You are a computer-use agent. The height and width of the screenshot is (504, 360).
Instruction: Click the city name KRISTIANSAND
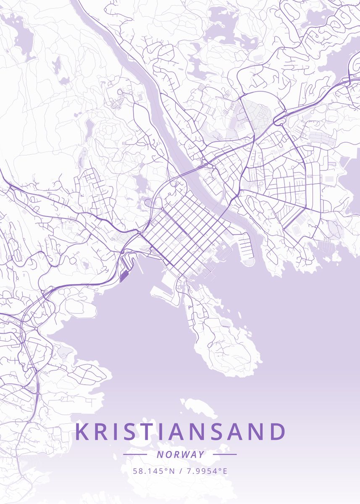coord(181,432)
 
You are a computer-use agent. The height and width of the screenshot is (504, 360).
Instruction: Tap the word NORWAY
coord(180,454)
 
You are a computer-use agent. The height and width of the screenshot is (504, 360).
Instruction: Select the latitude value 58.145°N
coord(153,471)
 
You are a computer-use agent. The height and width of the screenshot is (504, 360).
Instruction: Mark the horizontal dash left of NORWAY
coord(135,454)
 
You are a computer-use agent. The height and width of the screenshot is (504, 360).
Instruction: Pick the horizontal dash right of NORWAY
coord(225,454)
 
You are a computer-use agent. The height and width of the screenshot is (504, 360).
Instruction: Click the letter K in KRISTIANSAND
coord(83,432)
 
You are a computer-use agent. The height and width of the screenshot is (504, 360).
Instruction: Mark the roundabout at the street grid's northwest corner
coord(162,209)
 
